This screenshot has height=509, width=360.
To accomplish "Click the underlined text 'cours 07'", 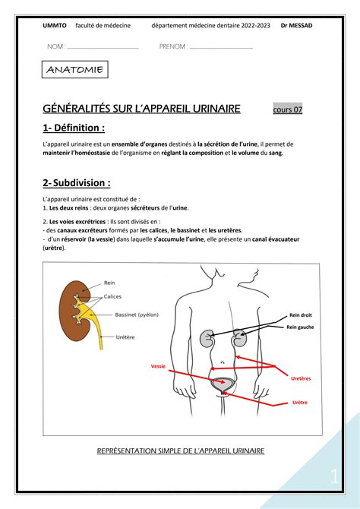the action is (x=288, y=109).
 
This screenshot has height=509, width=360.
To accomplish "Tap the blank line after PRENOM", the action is (x=220, y=47).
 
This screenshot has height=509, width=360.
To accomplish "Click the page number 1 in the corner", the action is (x=333, y=477).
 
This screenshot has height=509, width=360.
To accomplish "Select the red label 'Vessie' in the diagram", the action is (x=158, y=365).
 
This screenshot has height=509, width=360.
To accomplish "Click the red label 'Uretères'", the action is (x=301, y=378).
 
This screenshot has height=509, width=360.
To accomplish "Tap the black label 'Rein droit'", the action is (x=300, y=315).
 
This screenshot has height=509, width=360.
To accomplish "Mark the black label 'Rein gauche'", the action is (x=301, y=327).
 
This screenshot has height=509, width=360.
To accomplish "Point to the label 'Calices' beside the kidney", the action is (x=113, y=296).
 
